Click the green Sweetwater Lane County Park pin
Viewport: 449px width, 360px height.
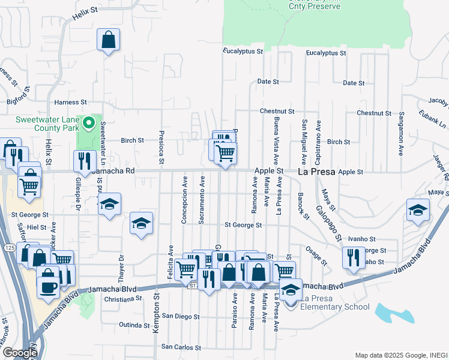pyautogui.click(x=89, y=124)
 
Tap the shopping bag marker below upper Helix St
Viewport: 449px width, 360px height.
pyautogui.click(x=109, y=41)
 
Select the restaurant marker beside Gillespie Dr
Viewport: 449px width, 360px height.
pyautogui.click(x=85, y=161)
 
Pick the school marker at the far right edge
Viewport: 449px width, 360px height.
pyautogui.click(x=418, y=210)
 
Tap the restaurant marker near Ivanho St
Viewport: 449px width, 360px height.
pyautogui.click(x=354, y=257)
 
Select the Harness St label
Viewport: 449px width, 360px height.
pyautogui.click(x=71, y=103)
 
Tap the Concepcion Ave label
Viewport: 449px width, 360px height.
pyautogui.click(x=184, y=199)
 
